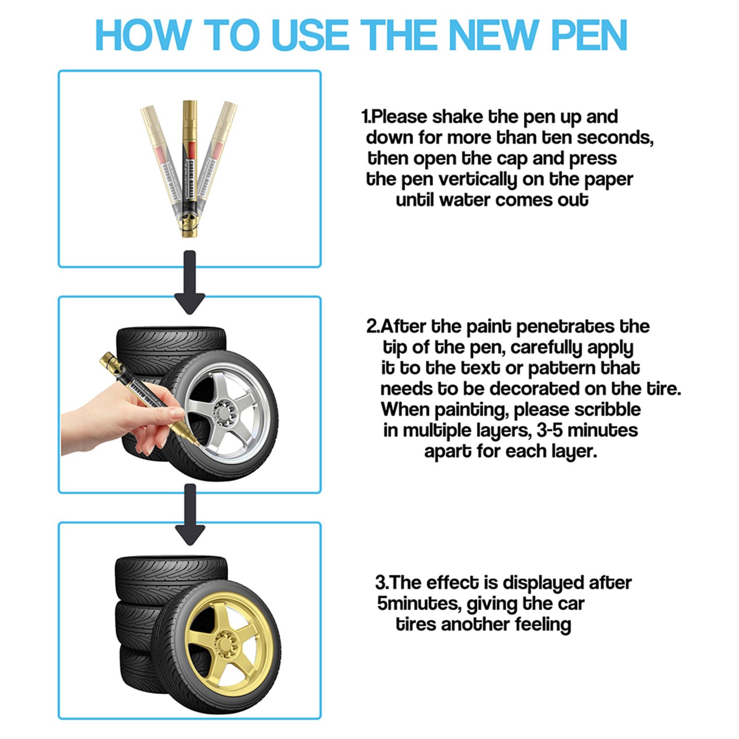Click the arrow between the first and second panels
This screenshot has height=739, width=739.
click(x=190, y=282)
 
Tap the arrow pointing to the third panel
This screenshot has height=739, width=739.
click(x=190, y=514)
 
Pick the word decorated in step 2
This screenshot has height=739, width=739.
click(x=535, y=389)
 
